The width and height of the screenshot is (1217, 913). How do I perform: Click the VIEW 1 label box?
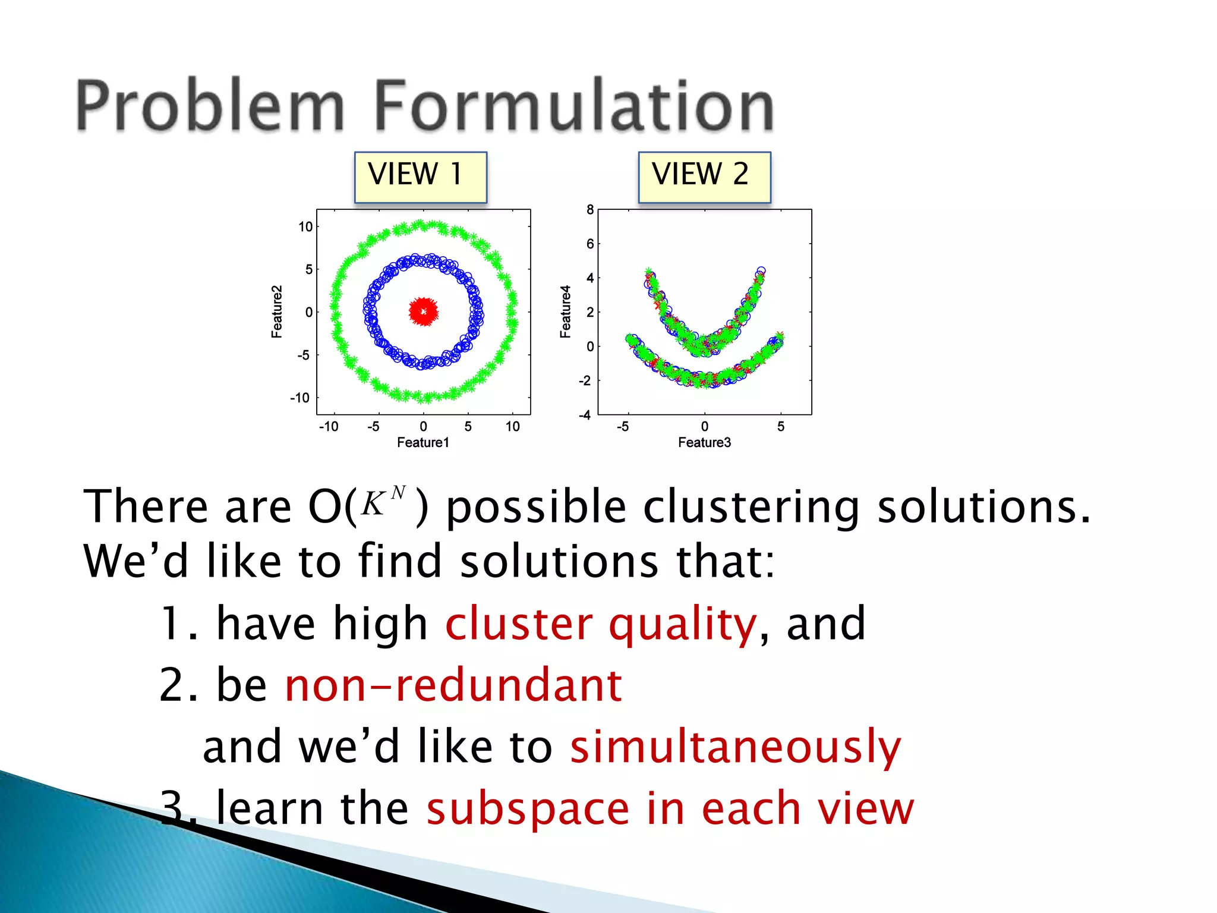(420, 177)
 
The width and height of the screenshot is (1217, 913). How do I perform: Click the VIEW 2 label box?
(704, 177)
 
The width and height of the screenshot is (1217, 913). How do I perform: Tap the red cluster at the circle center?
(423, 312)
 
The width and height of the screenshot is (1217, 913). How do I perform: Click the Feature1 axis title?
(423, 443)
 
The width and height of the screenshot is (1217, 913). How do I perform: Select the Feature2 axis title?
(277, 311)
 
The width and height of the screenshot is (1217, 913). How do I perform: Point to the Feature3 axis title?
(704, 443)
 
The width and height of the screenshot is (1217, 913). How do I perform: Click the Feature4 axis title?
(565, 311)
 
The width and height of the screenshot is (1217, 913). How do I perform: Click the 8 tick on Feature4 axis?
(589, 210)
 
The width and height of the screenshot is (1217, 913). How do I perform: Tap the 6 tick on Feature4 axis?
(589, 244)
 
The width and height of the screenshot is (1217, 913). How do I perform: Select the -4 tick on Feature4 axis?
(585, 415)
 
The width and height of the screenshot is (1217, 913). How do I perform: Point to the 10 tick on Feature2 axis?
(305, 227)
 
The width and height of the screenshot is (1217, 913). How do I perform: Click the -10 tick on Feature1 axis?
(329, 427)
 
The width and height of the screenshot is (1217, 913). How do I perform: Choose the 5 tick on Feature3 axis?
(781, 427)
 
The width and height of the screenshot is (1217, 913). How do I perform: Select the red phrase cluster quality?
(600, 624)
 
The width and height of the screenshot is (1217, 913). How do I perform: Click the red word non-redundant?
(453, 685)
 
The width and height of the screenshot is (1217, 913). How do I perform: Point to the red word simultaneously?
(735, 747)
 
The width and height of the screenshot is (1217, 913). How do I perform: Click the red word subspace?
(527, 809)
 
